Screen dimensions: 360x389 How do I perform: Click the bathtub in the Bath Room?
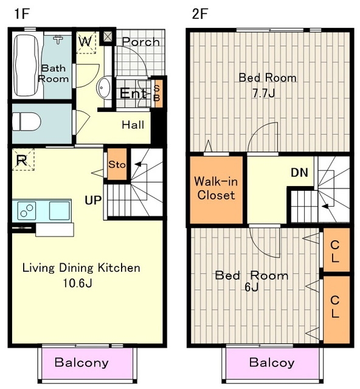[x=26, y=66]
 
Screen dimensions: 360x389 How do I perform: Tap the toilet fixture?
[x=27, y=122]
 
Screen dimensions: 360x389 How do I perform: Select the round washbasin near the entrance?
[x=104, y=88]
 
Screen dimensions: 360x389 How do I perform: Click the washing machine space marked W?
[x=86, y=42]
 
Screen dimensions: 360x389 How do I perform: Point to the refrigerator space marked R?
[x=23, y=159]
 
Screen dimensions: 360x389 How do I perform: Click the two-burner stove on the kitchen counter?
[x=27, y=210]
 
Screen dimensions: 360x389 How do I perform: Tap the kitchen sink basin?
[x=59, y=210]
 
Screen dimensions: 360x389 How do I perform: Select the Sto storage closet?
[x=117, y=164]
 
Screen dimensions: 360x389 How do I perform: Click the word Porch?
[x=140, y=42]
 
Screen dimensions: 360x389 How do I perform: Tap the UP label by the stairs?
[x=93, y=200]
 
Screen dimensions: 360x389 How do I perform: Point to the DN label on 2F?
[x=299, y=173]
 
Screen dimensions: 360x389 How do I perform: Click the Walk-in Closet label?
[x=216, y=188]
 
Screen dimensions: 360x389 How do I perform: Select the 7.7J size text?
[x=264, y=94]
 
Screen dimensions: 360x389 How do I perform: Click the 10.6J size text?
[x=77, y=283]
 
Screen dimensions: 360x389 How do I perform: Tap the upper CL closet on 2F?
[x=336, y=250]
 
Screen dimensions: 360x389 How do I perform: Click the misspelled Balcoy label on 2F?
[x=272, y=363]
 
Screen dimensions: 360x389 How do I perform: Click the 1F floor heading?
[x=22, y=13]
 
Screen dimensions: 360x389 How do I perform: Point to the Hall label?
[x=133, y=125]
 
